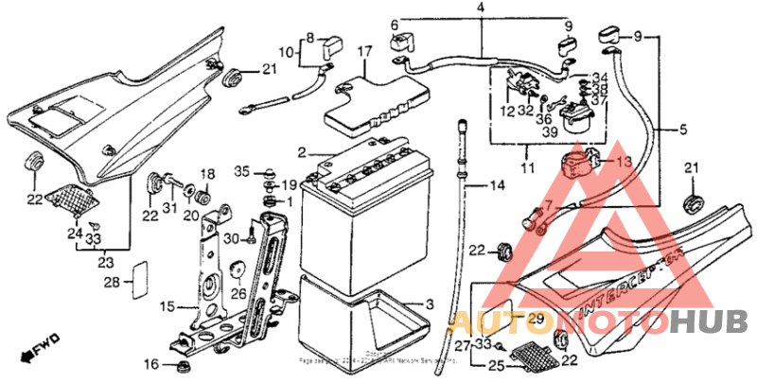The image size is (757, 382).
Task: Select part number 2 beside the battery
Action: [x=301, y=152]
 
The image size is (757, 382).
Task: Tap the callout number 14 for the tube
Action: [x=498, y=186]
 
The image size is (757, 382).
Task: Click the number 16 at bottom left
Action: [x=150, y=365]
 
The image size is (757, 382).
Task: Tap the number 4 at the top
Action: [x=481, y=9]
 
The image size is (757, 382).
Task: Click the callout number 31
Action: [x=170, y=208]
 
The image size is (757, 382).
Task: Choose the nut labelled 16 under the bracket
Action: [x=180, y=365]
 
